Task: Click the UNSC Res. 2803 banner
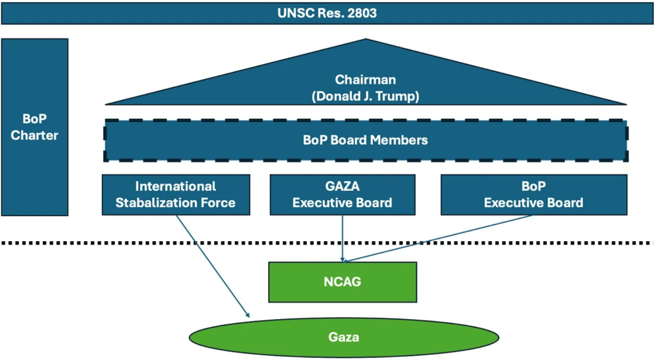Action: [327, 13]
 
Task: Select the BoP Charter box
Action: [35, 127]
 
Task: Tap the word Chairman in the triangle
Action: [365, 80]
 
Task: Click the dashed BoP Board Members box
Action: [365, 140]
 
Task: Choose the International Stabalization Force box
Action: [175, 194]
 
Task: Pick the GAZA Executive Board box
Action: [342, 194]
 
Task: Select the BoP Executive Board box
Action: [533, 194]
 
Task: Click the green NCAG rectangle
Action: [342, 281]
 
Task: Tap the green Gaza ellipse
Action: [343, 336]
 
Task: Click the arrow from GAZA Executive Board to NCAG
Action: [343, 237]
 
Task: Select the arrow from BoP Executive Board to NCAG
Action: [441, 238]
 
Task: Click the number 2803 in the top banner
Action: [362, 13]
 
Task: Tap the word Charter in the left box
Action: [35, 136]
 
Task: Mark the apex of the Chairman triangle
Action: [366, 40]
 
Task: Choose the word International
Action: [175, 186]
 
